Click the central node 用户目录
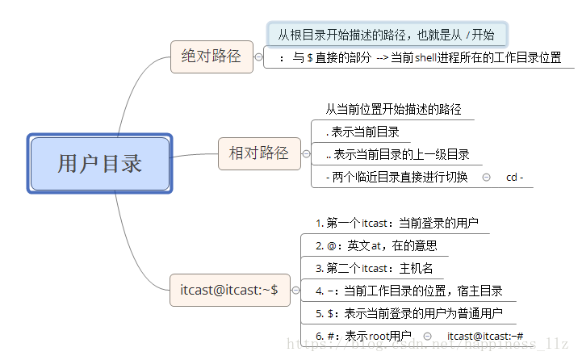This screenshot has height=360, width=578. (x=100, y=164)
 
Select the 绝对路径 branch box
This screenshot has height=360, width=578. (x=212, y=56)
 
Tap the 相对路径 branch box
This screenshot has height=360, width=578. (x=258, y=153)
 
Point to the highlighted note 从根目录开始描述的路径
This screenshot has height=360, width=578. (x=387, y=35)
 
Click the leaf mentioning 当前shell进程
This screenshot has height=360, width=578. (x=419, y=58)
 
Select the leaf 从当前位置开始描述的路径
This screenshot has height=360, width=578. (x=393, y=109)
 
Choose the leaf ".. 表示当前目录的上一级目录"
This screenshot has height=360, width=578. (x=396, y=154)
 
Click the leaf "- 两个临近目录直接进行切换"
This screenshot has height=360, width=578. (x=396, y=177)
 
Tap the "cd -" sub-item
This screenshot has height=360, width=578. (x=514, y=177)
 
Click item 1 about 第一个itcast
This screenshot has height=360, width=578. (x=396, y=222)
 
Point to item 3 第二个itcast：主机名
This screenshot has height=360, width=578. (x=375, y=267)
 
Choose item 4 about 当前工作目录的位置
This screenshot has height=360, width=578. (x=409, y=290)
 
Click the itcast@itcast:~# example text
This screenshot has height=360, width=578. (x=485, y=335)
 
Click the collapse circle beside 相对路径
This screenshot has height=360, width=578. (x=306, y=153)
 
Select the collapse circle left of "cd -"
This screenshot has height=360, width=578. (x=486, y=177)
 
